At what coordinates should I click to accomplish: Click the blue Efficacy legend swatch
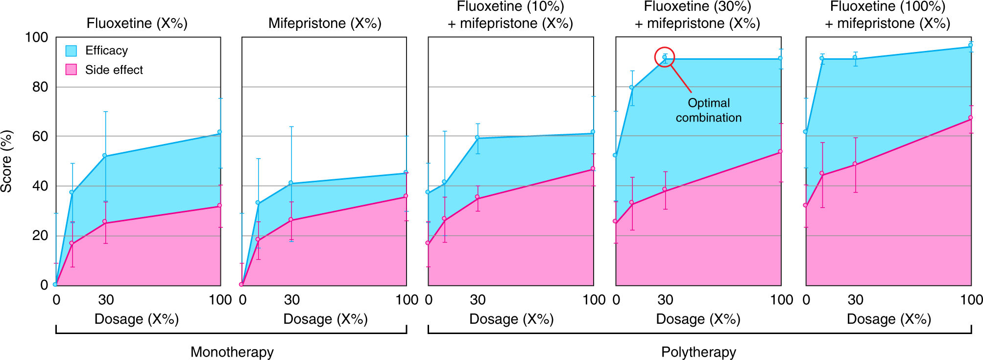pyautogui.click(x=71, y=51)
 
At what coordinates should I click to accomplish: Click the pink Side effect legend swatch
pyautogui.click(x=71, y=70)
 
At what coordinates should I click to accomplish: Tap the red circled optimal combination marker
pyautogui.click(x=665, y=57)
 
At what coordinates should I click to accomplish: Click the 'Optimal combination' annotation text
pyautogui.click(x=709, y=110)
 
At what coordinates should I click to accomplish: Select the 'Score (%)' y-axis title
pyautogui.click(x=7, y=161)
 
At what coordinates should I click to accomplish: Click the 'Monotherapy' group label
pyautogui.click(x=232, y=352)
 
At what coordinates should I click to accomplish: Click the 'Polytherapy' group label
pyautogui.click(x=698, y=352)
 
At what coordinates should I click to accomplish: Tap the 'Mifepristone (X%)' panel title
pyautogui.click(x=325, y=24)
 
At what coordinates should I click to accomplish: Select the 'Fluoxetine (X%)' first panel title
pyautogui.click(x=137, y=24)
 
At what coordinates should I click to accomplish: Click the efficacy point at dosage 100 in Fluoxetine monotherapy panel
pyautogui.click(x=219, y=132)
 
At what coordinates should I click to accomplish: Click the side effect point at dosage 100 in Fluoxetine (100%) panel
pyautogui.click(x=970, y=118)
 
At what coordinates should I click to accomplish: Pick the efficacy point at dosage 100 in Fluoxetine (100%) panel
pyautogui.click(x=970, y=46)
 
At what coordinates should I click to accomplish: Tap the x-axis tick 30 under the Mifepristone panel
pyautogui.click(x=292, y=300)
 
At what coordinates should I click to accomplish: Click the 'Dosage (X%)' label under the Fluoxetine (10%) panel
pyautogui.click(x=511, y=319)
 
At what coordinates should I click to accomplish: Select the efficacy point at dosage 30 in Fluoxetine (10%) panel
pyautogui.click(x=477, y=137)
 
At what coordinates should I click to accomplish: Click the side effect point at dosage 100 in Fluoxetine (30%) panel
pyautogui.click(x=780, y=151)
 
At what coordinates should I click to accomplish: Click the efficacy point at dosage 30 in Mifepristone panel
pyautogui.click(x=291, y=183)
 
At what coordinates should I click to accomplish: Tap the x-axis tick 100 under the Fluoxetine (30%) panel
pyautogui.click(x=782, y=300)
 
